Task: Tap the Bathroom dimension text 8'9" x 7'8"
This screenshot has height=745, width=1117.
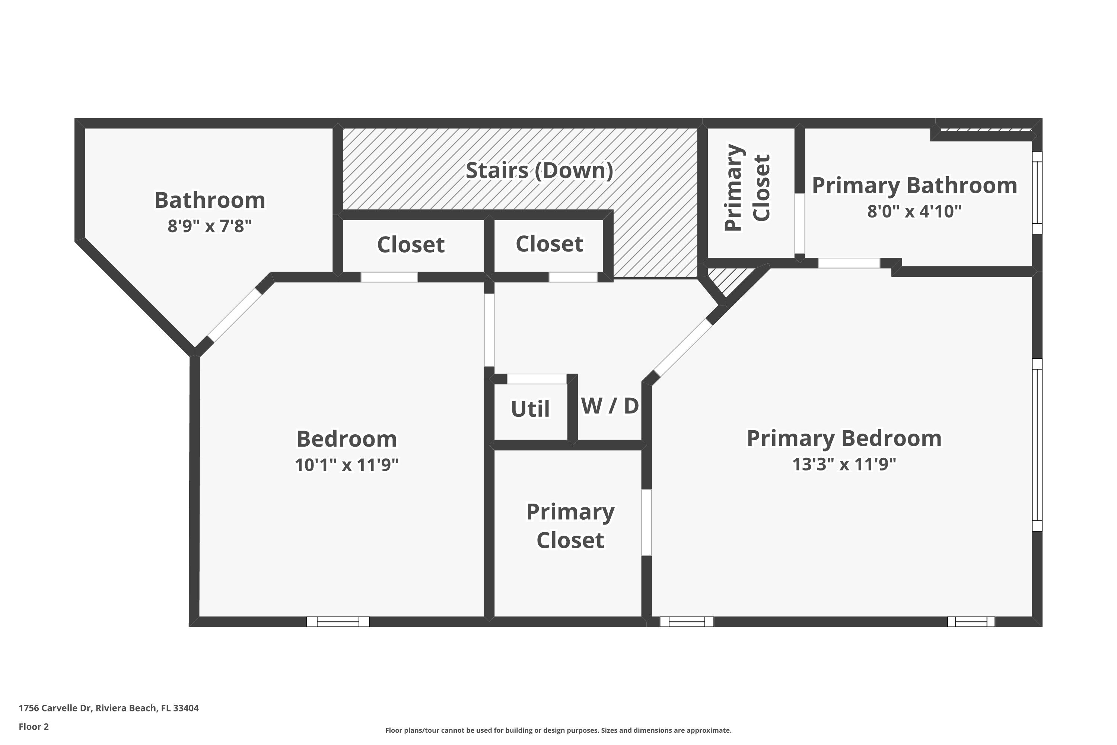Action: [209, 226]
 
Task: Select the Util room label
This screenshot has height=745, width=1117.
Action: [530, 409]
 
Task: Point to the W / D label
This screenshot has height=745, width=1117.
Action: [610, 406]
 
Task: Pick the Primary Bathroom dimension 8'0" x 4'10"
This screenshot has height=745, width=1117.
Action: [914, 211]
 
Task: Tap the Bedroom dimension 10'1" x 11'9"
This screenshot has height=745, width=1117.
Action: [346, 465]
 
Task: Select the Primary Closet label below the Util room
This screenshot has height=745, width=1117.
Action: [570, 526]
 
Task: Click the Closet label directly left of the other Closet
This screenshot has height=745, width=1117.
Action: [410, 245]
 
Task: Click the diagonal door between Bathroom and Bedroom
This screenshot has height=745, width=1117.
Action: [235, 316]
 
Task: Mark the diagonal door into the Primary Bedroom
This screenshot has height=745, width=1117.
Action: [682, 348]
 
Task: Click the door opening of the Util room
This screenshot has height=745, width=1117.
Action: [537, 379]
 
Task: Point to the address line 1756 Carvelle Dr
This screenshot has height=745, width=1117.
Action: [109, 708]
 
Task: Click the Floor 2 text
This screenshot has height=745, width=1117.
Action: [34, 726]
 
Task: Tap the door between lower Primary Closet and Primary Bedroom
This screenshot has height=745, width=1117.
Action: [646, 522]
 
